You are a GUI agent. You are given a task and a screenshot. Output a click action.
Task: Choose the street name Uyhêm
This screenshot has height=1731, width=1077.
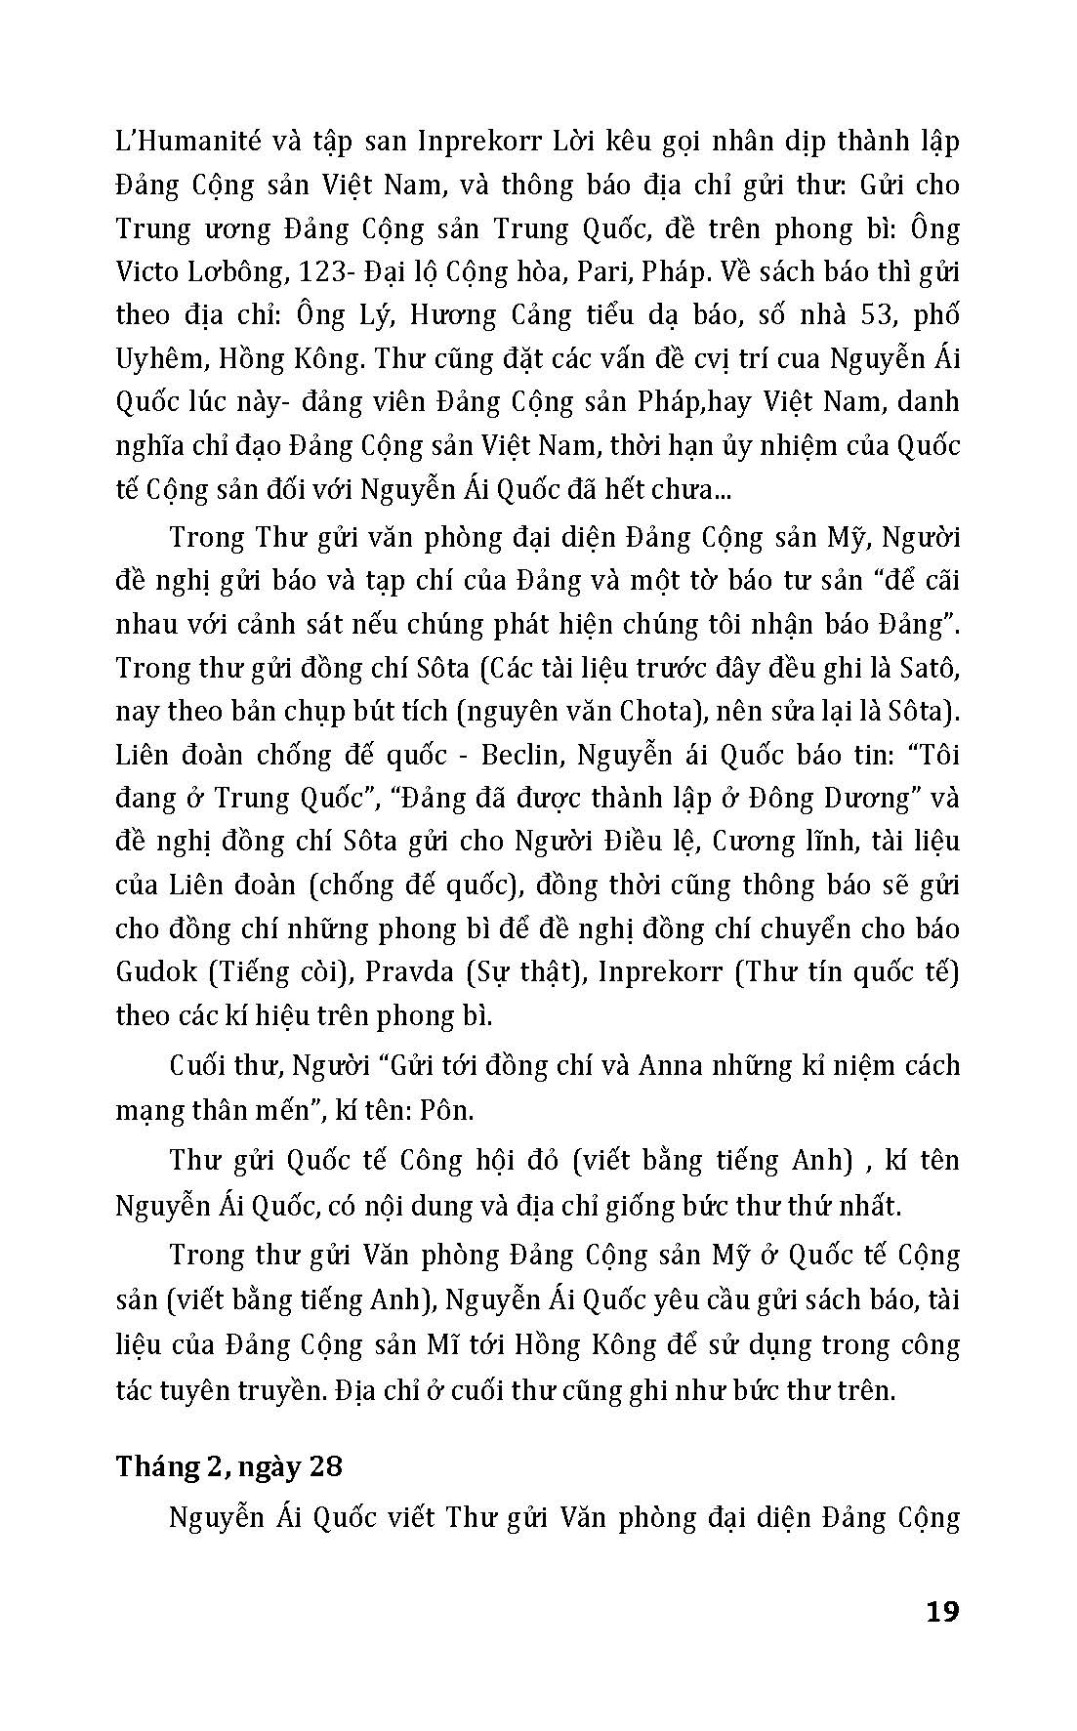pos(164,358)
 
